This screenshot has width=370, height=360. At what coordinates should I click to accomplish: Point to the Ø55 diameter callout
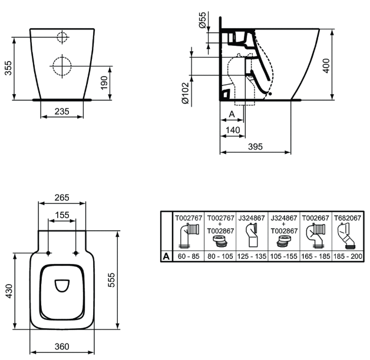pos(203,21)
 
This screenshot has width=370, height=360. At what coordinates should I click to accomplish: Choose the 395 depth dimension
pos(255,146)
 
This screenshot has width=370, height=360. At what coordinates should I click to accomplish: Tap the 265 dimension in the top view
pos(63,197)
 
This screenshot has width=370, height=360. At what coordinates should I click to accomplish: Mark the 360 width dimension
pos(62,347)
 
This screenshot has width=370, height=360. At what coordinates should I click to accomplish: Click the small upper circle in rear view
pos(62,37)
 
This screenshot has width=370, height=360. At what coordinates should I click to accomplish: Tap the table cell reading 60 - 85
pos(188,256)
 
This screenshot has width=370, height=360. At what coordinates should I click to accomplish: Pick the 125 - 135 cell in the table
pos(252,256)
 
